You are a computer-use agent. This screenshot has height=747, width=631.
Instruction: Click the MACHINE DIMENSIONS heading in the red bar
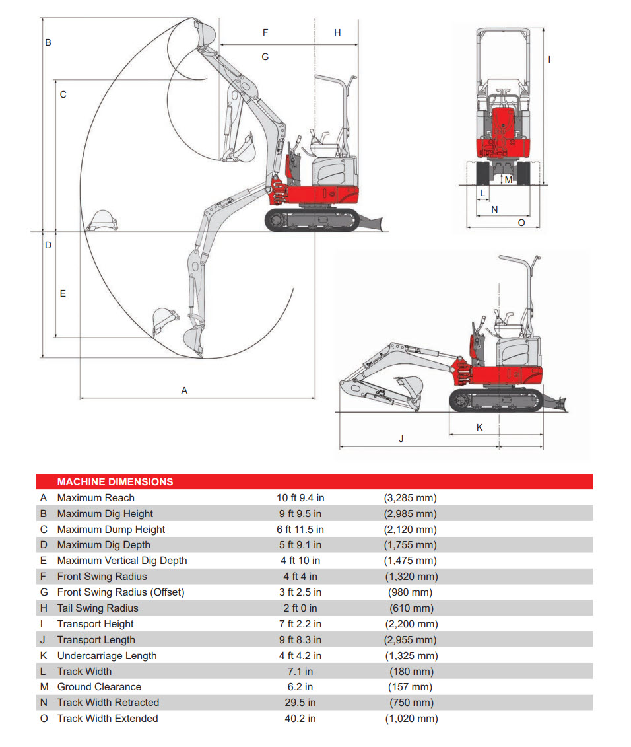tap(115, 482)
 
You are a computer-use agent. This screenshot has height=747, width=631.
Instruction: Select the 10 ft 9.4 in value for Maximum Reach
tap(300, 498)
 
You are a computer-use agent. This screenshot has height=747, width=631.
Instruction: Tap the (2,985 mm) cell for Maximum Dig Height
tap(411, 514)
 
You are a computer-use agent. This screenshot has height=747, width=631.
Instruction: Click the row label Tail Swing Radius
tap(98, 608)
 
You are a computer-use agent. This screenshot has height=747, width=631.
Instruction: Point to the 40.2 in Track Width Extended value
tap(300, 719)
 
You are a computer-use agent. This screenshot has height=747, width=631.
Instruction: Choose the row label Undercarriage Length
tap(107, 656)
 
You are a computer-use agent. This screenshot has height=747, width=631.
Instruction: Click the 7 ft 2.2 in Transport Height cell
tap(300, 624)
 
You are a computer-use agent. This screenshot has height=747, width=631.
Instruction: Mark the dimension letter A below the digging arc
tap(184, 391)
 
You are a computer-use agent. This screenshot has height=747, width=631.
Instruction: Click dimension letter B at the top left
tap(48, 42)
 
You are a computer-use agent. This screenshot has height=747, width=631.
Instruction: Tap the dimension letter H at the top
tap(337, 32)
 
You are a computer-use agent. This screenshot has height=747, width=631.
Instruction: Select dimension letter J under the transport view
tap(401, 439)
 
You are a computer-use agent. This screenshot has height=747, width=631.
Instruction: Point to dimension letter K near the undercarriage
tap(479, 428)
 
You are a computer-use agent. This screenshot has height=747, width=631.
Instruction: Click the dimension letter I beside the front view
tap(549, 59)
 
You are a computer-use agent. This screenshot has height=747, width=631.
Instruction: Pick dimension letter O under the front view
tap(521, 223)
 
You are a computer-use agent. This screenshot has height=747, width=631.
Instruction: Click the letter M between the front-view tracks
tap(508, 180)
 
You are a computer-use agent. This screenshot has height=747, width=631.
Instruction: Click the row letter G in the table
tap(44, 592)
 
